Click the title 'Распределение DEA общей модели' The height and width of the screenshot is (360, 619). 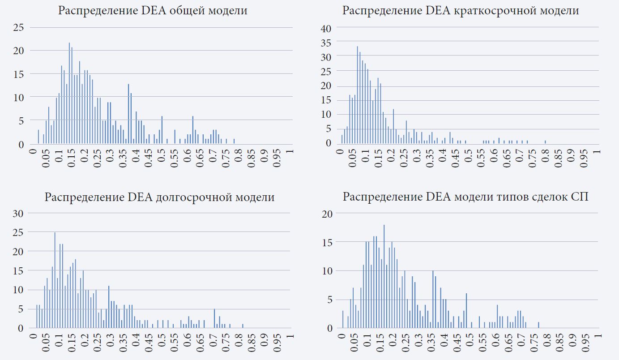(153, 11)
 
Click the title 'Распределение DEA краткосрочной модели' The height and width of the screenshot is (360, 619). (461, 11)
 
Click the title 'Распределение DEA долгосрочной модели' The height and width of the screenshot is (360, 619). (159, 197)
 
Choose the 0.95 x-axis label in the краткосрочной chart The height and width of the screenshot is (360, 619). (586, 163)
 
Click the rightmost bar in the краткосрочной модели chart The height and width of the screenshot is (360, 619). (545, 142)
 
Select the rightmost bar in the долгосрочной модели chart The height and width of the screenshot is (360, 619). (243, 326)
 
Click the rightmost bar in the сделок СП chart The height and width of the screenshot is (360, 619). (538, 325)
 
